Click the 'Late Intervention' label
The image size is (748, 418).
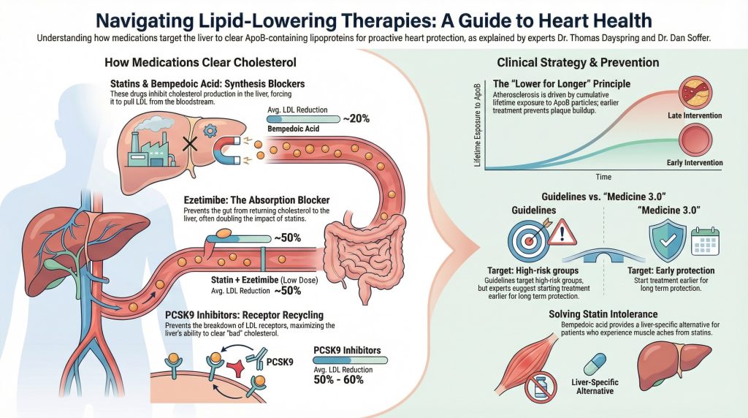[695, 115]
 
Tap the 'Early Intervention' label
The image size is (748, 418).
[695, 162]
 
